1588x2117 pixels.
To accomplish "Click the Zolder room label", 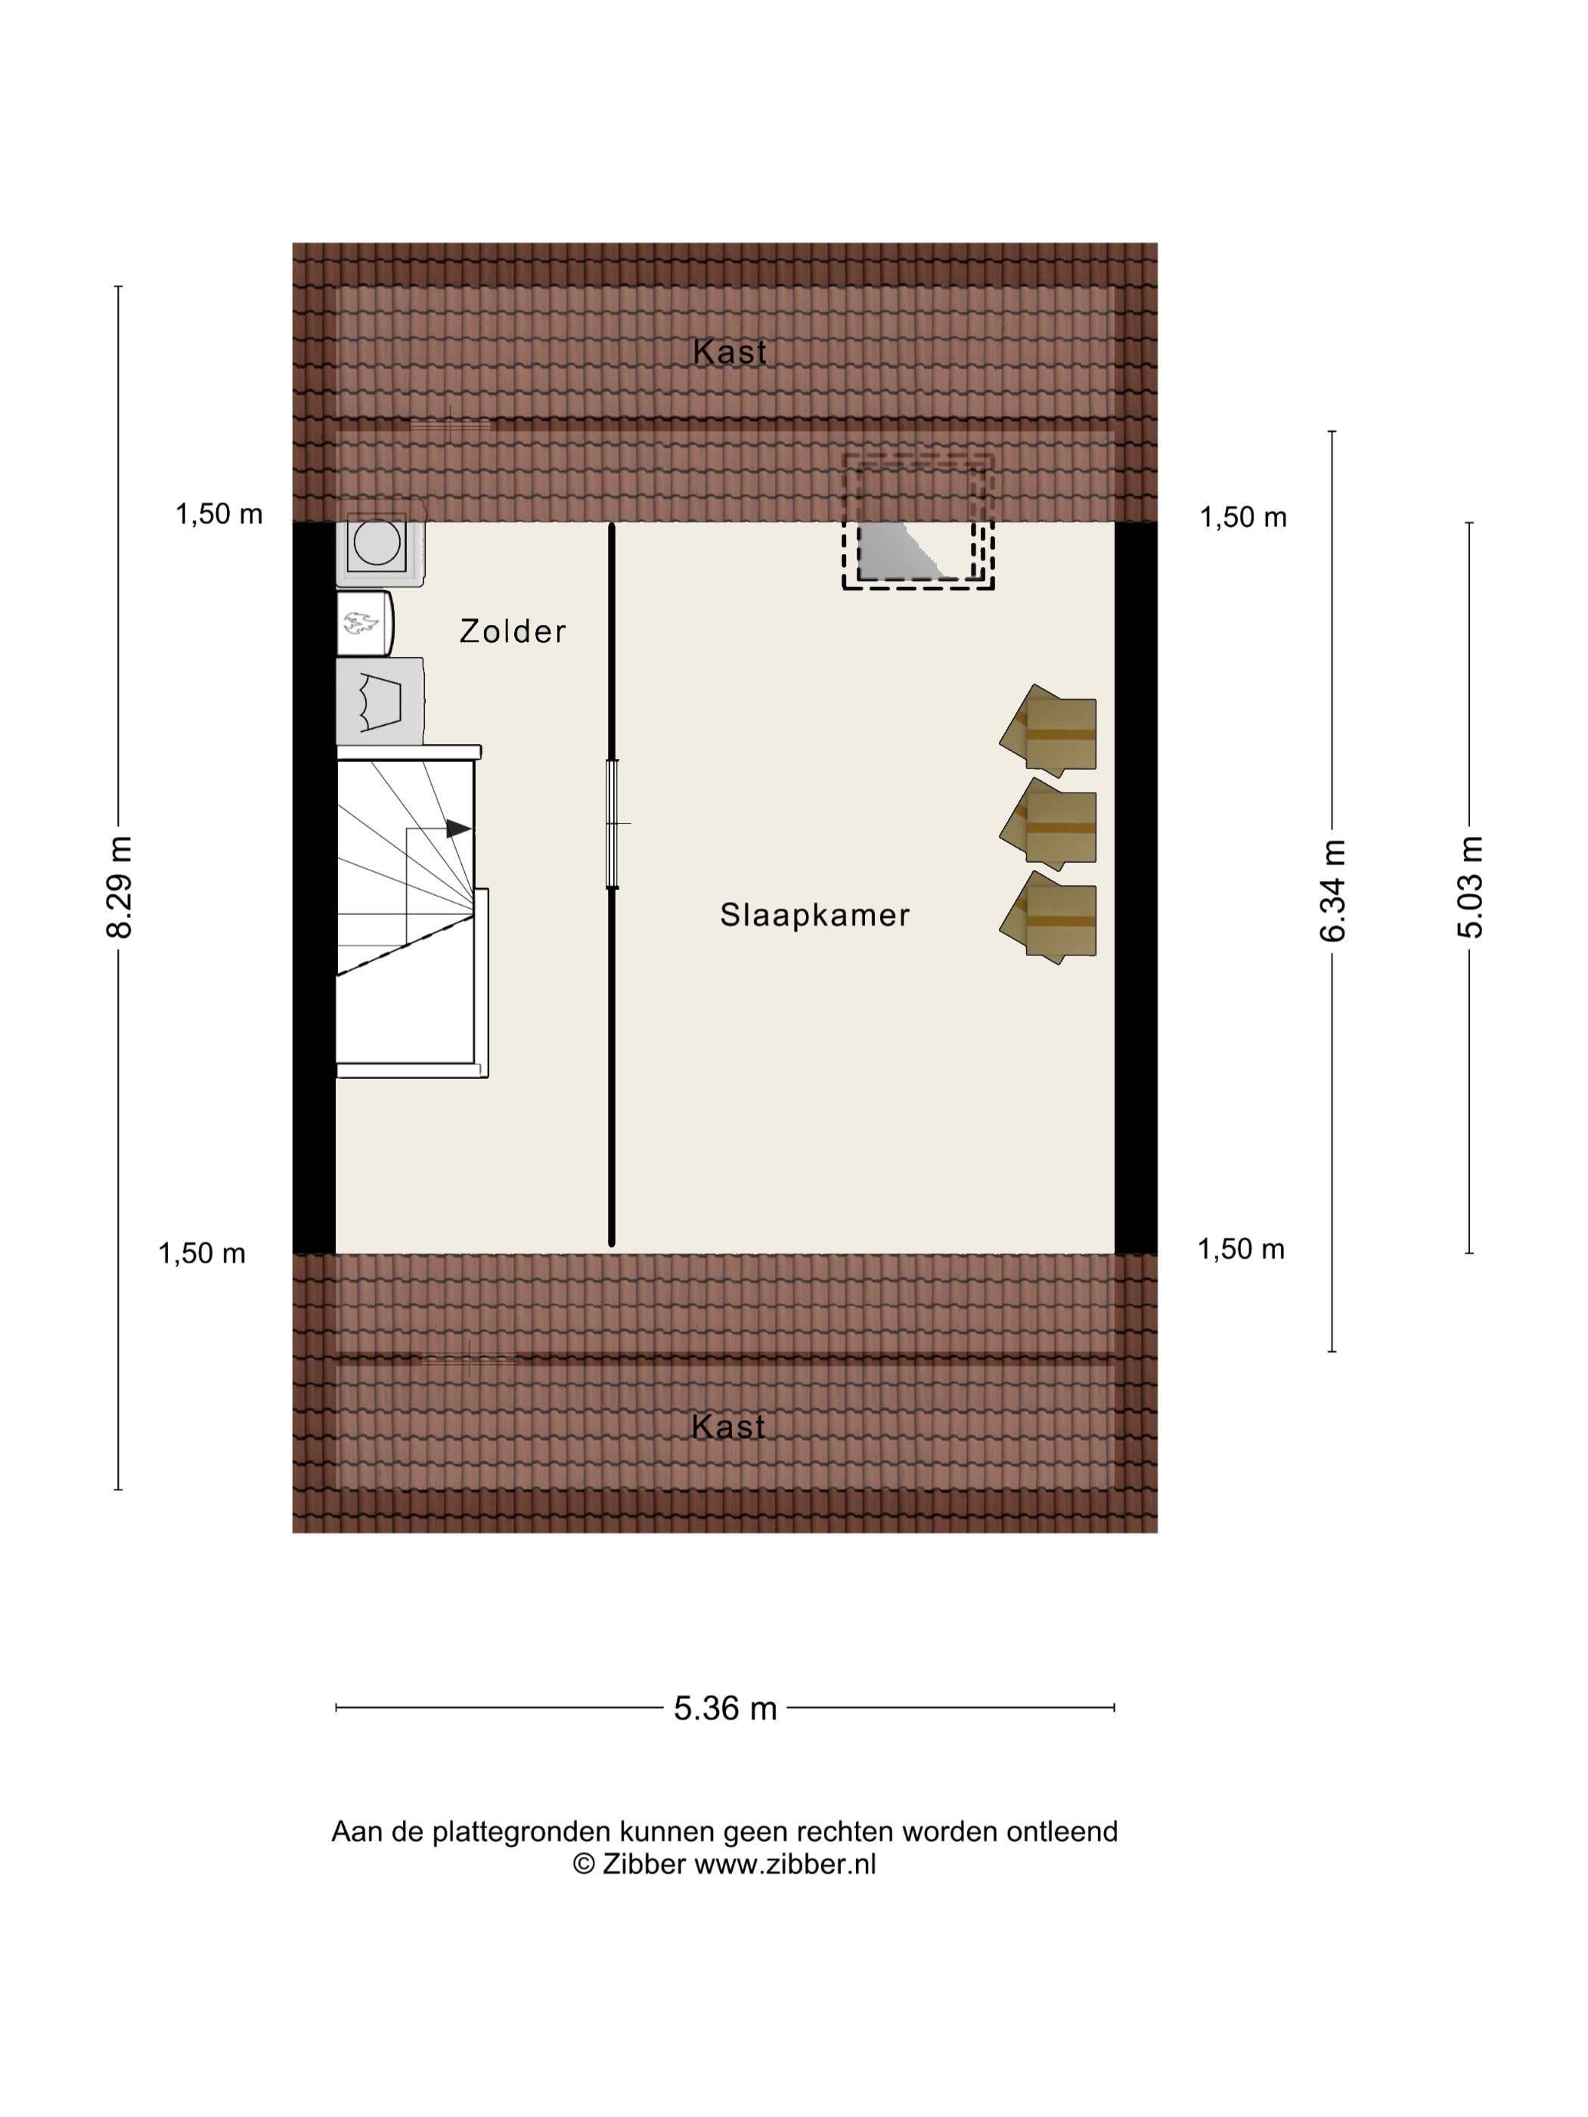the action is pyautogui.click(x=512, y=631).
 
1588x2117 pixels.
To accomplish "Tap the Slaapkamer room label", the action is pyautogui.click(x=814, y=915).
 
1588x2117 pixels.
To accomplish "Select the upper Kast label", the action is pyautogui.click(x=730, y=352).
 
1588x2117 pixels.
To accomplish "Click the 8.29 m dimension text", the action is pyautogui.click(x=119, y=887).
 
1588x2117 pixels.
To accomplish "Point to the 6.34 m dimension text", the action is pyautogui.click(x=1332, y=891).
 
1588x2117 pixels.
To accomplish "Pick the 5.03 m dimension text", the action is pyautogui.click(x=1469, y=887).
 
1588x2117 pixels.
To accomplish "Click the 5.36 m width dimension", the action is pyautogui.click(x=724, y=1707).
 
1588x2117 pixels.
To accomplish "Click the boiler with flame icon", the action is pyautogui.click(x=364, y=624).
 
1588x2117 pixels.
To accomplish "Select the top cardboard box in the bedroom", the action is pyautogui.click(x=1048, y=731).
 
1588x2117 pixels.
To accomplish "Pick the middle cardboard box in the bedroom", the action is pyautogui.click(x=1048, y=824).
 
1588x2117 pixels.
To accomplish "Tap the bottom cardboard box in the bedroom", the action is pyautogui.click(x=1048, y=917).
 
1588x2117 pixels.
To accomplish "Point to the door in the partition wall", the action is pyautogui.click(x=613, y=823).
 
